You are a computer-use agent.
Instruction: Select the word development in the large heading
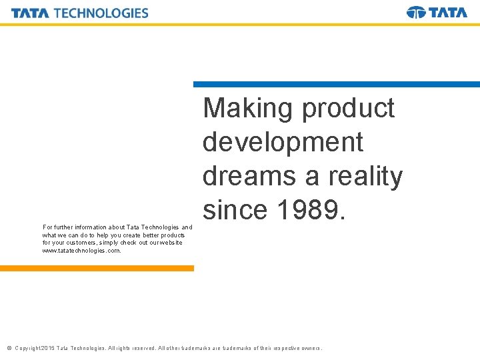[x=283, y=142]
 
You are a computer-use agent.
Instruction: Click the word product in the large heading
[x=348, y=109]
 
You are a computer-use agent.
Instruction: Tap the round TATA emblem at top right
[x=416, y=12]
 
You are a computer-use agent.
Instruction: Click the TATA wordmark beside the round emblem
[x=448, y=12]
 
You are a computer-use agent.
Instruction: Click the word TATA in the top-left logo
[x=30, y=13]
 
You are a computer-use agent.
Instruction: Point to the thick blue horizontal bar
[x=336, y=85]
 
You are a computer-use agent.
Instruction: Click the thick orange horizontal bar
[x=97, y=268]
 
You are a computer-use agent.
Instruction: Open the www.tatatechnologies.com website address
[x=81, y=251]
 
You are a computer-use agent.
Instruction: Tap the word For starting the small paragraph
[x=47, y=227]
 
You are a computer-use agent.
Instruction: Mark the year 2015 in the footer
[x=47, y=348]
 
